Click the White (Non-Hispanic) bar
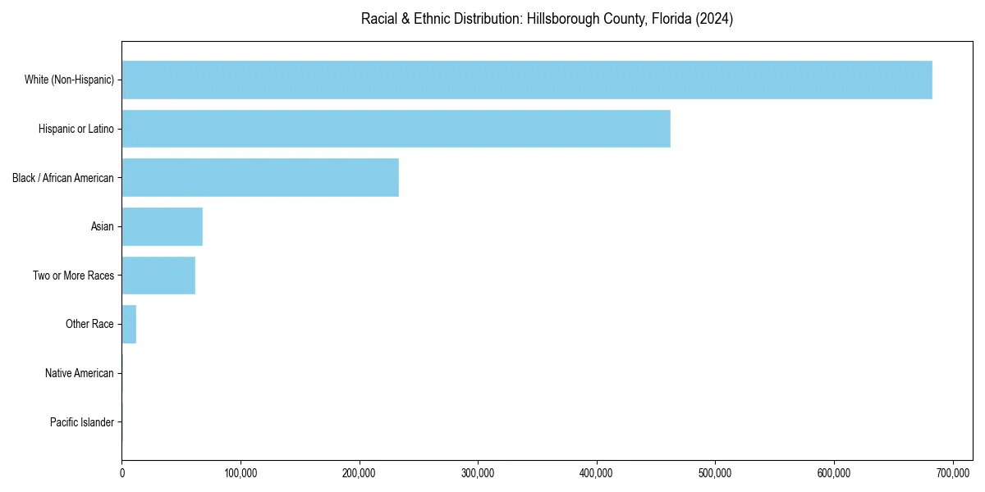coord(527,80)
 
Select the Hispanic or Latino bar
coord(396,129)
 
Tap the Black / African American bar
coord(260,177)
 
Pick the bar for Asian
coord(162,226)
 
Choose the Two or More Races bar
coord(158,276)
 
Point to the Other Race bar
coord(129,324)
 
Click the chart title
coord(547,19)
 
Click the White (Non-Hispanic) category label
coord(69,80)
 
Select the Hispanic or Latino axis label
coord(76,129)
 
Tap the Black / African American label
coord(63,178)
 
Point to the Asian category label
coord(103,226)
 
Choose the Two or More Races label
coord(74,276)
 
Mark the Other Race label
coord(89,325)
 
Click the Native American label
coord(80,373)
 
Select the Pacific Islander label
coord(82,422)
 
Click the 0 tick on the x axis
coord(121,473)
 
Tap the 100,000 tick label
coord(241,473)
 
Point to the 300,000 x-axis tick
coord(478,473)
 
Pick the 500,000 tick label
coord(715,473)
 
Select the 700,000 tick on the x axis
coord(953,473)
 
